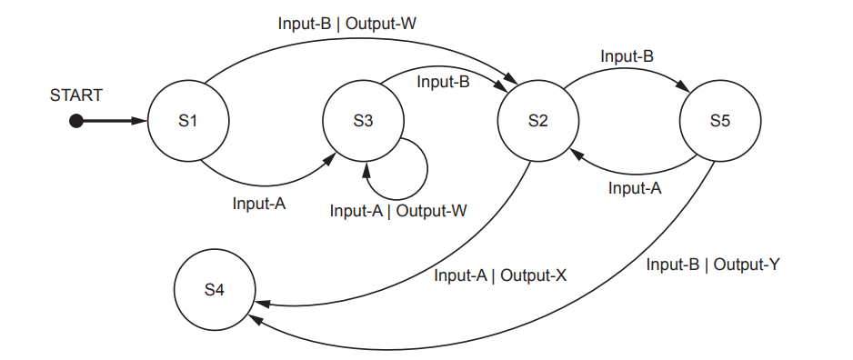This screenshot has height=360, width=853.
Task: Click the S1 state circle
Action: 188,121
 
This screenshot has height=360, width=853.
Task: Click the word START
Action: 76,95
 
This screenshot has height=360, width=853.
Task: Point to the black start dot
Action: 76,121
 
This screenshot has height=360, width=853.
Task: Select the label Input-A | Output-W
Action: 398,211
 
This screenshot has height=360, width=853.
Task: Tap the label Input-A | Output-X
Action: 500,275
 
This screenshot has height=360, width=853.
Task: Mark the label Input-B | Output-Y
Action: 714,265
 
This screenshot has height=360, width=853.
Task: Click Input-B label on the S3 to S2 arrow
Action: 443,82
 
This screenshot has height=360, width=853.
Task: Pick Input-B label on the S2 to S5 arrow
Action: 627,56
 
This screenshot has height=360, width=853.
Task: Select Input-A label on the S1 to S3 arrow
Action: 259,204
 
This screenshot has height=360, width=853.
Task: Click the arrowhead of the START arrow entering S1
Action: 142,121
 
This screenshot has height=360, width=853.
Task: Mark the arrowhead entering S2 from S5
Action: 574,155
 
